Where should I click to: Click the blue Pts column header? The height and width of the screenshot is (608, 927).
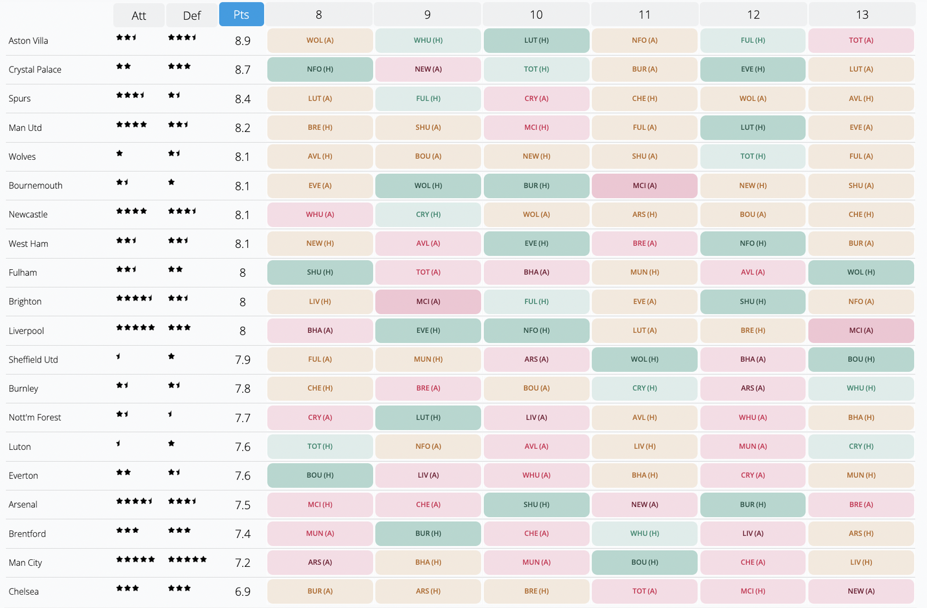coord(241,14)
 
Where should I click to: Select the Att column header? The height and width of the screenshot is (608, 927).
coord(138,16)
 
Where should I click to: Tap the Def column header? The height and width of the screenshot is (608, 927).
coord(192,16)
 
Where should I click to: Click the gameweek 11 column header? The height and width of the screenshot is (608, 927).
coord(644,14)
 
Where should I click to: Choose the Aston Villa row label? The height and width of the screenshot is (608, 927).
coord(28,41)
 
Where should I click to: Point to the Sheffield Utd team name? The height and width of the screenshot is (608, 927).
coord(33,360)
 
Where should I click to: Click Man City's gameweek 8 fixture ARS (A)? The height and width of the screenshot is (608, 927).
coord(320,562)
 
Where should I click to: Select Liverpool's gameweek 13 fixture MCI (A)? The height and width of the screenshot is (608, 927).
coord(861,331)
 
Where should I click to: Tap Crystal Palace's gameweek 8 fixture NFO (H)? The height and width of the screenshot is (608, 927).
coord(320,69)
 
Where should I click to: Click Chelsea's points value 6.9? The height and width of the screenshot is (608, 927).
coord(243,592)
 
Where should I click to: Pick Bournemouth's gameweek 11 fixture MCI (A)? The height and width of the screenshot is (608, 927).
coord(644,186)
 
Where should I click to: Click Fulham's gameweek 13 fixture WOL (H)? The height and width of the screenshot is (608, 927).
coord(861,272)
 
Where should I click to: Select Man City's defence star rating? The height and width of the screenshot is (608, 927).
coord(187,559)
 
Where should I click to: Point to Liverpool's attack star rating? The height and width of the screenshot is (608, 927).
coord(135,328)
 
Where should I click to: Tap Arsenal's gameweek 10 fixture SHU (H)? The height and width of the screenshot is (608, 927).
coord(536,504)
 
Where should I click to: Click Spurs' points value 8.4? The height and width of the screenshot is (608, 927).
coord(243,99)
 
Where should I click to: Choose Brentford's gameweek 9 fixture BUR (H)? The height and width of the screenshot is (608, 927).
coord(428,533)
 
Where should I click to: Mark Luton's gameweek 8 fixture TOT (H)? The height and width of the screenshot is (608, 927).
coord(320,446)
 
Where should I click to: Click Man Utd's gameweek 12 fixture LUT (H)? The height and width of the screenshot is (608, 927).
coord(753,127)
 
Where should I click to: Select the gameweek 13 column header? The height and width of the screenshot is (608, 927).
coord(862,14)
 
